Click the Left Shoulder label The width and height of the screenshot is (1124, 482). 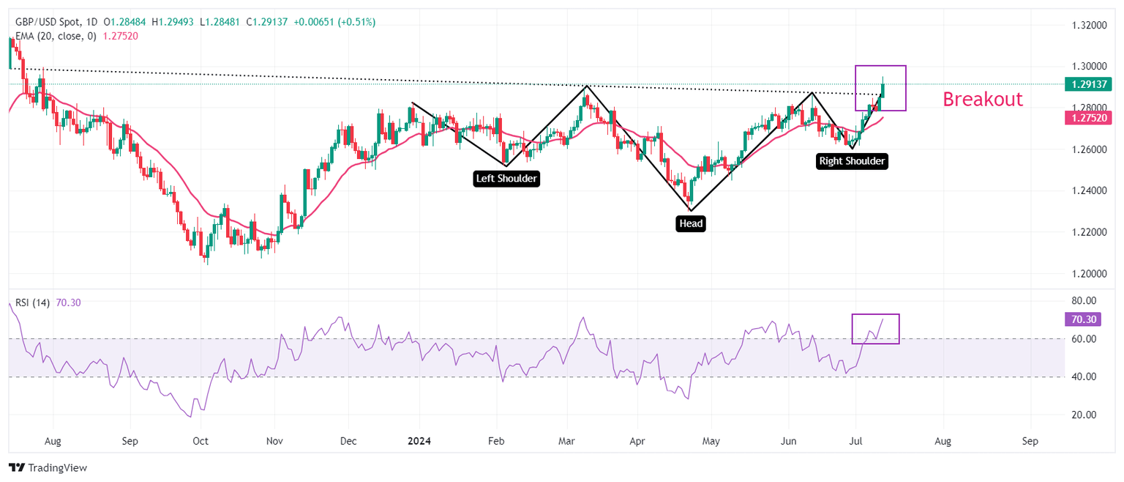pyautogui.click(x=507, y=178)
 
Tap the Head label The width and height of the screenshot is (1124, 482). pyautogui.click(x=691, y=223)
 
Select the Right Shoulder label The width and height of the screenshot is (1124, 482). pyautogui.click(x=852, y=161)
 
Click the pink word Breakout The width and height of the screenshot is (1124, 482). pyautogui.click(x=982, y=100)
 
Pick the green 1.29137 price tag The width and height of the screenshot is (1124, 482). pyautogui.click(x=1092, y=84)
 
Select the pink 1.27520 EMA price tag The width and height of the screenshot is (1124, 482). pyautogui.click(x=1092, y=117)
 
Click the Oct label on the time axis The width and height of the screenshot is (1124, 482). pyautogui.click(x=200, y=441)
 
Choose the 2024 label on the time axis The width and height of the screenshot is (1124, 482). pyautogui.click(x=419, y=441)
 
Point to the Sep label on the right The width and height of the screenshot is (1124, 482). pyautogui.click(x=1030, y=441)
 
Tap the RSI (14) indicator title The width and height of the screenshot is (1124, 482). pyautogui.click(x=33, y=303)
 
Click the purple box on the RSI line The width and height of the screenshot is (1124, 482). pyautogui.click(x=875, y=329)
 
